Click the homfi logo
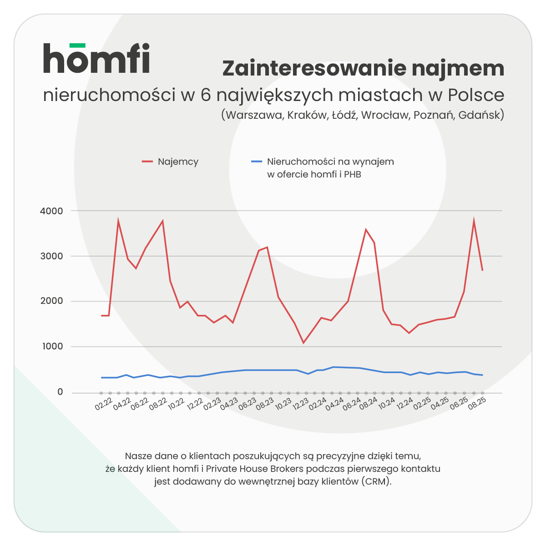pos(96,59)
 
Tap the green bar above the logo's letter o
pos(77,45)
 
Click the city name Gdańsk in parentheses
pos(479,115)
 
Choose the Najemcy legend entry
pos(178,162)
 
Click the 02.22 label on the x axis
pos(104,404)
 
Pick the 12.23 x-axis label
pos(301,404)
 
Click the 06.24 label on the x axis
pos(352,404)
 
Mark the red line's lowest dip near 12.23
pos(303,343)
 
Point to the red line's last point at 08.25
pos(482,271)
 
